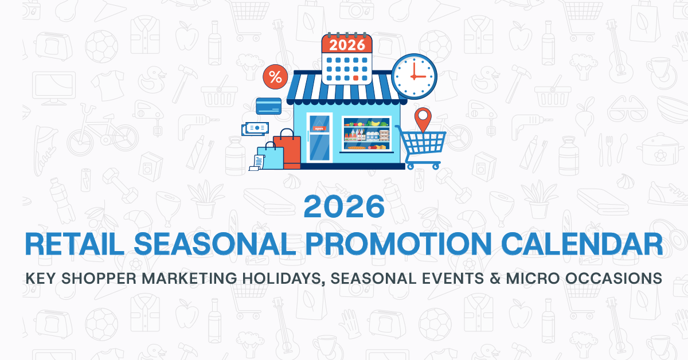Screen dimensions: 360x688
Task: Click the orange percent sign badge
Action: pyautogui.click(x=275, y=77)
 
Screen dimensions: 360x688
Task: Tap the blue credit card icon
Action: pyautogui.click(x=269, y=105)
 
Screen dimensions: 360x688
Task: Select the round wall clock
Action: pyautogui.click(x=414, y=76)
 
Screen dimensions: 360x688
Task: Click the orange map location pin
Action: pyautogui.click(x=423, y=119)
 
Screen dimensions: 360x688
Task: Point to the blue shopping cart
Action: pyautogui.click(x=426, y=147)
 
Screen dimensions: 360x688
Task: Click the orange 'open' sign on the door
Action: pyautogui.click(x=319, y=128)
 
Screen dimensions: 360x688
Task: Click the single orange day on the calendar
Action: pyautogui.click(x=356, y=78)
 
